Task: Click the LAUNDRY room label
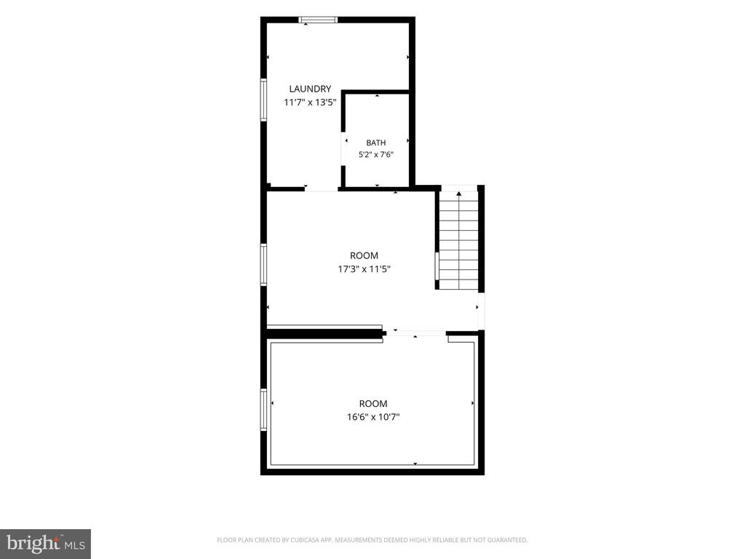[310, 89]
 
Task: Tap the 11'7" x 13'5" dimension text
[310, 102]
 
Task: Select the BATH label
[376, 143]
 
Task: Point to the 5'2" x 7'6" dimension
[376, 154]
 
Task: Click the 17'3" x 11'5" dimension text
[364, 269]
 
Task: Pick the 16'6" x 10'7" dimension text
[373, 417]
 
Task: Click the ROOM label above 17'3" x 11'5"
[364, 255]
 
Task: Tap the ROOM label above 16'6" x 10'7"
[373, 404]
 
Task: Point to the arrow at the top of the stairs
[459, 194]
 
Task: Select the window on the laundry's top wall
[318, 20]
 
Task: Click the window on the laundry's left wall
[263, 100]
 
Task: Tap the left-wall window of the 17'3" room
[263, 265]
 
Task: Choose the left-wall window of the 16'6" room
[263, 410]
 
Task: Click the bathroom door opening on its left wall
[343, 148]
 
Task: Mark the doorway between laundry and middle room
[321, 189]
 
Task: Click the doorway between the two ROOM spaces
[415, 333]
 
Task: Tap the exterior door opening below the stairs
[481, 311]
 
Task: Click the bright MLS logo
[46, 544]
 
